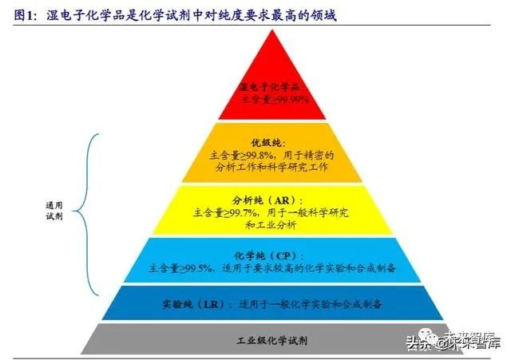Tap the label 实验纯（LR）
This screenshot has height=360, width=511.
191,304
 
